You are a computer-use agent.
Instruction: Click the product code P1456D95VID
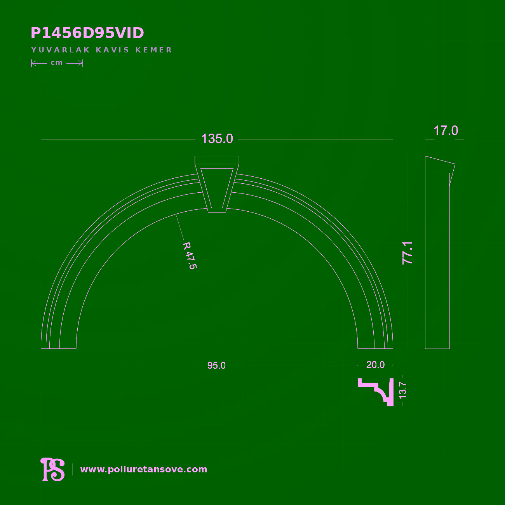click(x=87, y=33)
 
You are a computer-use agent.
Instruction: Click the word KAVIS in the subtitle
click(x=113, y=50)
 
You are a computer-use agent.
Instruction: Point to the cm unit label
click(x=57, y=63)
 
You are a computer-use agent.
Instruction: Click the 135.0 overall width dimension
click(x=217, y=139)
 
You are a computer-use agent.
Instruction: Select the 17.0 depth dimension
click(x=446, y=131)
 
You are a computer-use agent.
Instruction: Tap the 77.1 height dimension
click(x=407, y=253)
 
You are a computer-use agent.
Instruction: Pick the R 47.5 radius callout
click(x=190, y=256)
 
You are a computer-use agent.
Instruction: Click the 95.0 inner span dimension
click(x=216, y=365)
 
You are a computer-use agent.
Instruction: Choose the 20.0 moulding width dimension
click(x=375, y=365)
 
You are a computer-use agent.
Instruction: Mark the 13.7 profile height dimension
click(x=402, y=390)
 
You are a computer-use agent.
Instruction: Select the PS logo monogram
click(x=53, y=469)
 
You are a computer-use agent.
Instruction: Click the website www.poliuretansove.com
click(x=144, y=469)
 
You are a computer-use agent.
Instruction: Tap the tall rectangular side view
click(x=437, y=261)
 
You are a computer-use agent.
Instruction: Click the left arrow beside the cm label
click(x=39, y=63)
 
